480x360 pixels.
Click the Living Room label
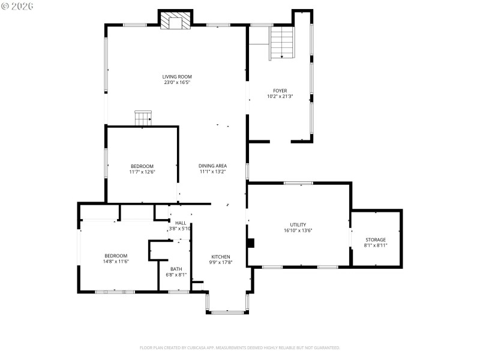coord(177,76)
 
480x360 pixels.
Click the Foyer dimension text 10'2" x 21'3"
coord(280,96)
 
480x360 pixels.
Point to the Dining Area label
coord(213,166)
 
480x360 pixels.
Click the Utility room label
coord(298,224)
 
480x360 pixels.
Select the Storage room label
coord(376,239)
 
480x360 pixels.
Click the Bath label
coord(176,269)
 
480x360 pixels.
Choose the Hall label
coord(180,223)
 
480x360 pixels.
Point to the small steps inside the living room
coord(143,118)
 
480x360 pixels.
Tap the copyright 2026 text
coord(17,5)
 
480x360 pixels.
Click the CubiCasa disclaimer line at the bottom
coord(240,347)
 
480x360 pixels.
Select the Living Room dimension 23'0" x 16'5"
coord(177,82)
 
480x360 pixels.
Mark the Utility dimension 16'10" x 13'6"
coord(298,230)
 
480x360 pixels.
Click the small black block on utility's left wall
coord(251,243)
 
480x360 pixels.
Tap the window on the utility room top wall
coord(298,183)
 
